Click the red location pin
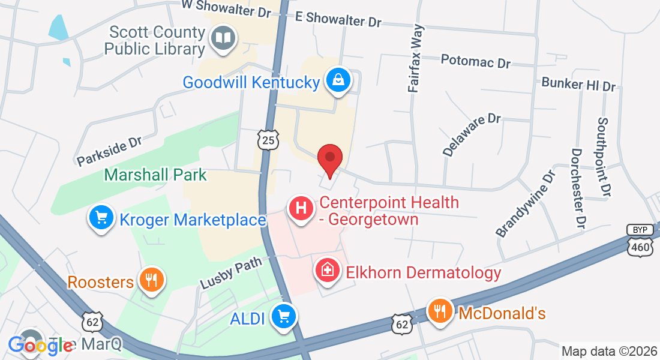[x=329, y=158]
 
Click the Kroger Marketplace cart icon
[x=101, y=218]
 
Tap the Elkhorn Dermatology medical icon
[x=328, y=270]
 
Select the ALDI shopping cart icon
[x=283, y=316]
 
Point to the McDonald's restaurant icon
[x=441, y=311]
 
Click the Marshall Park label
[x=155, y=175]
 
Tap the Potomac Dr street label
[x=475, y=61]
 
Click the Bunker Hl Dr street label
[x=578, y=84]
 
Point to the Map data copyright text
[x=609, y=351]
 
